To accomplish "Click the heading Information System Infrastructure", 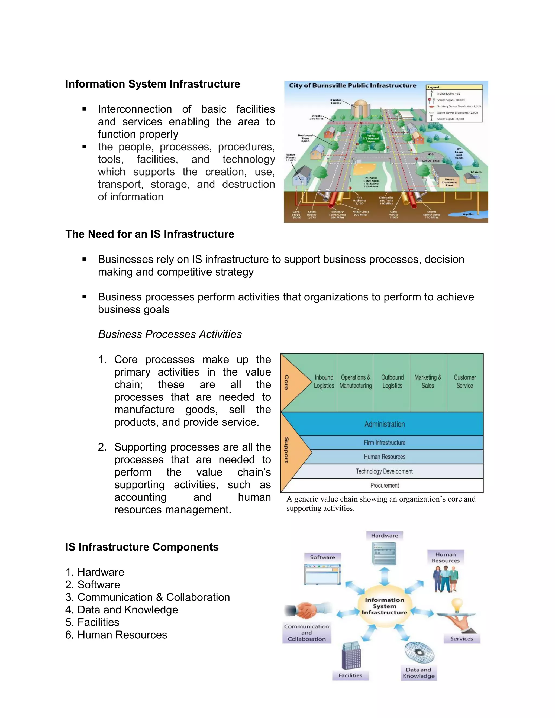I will tap(153, 84).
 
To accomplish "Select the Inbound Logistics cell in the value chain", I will tap(324, 381).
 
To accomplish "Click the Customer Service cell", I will tap(464, 381).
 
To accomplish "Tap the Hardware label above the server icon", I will tap(384, 536).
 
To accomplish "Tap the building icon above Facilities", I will tap(351, 656).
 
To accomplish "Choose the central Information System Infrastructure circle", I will tap(384, 607).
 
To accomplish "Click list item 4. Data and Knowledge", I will tap(122, 610).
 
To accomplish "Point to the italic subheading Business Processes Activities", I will tap(170, 334).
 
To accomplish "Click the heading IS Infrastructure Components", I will tap(142, 547).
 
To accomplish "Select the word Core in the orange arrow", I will tap(287, 382).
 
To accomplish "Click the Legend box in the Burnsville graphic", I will tap(454, 103).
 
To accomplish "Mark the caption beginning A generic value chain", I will tap(381, 503).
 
